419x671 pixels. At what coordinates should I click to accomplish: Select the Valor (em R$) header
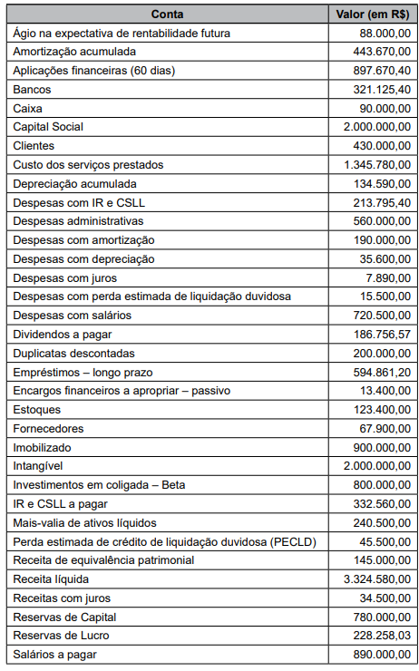[371, 14]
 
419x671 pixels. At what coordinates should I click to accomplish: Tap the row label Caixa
[28, 108]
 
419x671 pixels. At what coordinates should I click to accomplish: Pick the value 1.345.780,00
[376, 164]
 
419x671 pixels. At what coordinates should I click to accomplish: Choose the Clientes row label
[34, 145]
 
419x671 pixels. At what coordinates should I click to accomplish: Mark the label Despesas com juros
[63, 277]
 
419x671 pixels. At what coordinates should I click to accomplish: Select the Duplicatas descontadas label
[73, 353]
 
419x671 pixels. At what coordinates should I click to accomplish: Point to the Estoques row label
[36, 409]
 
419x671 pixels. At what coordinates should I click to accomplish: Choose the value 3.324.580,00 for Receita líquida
[376, 579]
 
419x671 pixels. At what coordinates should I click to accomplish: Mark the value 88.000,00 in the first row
[385, 33]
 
